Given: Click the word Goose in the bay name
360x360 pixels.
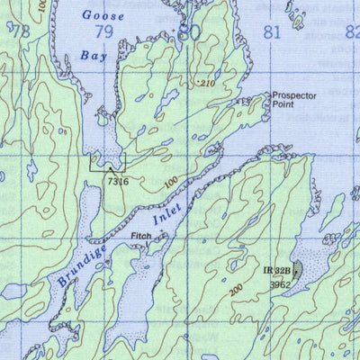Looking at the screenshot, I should (x=99, y=14).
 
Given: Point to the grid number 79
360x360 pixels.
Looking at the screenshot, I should (x=104, y=33).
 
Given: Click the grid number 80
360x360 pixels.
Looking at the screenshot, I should (x=188, y=32).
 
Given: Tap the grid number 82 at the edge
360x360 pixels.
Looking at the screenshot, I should (x=352, y=33).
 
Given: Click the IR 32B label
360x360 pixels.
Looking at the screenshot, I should (x=275, y=270).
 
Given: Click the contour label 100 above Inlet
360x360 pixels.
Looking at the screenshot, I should (x=173, y=184).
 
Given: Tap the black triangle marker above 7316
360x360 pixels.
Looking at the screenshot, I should (x=110, y=167).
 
